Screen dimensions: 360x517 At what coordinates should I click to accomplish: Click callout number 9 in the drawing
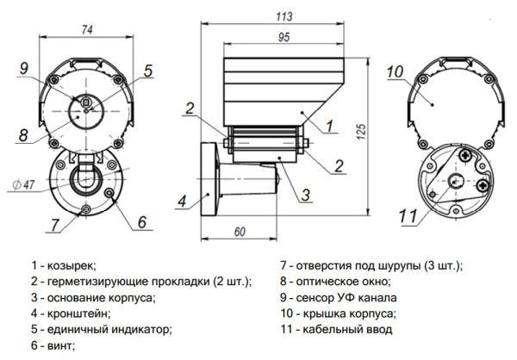pos(24,68)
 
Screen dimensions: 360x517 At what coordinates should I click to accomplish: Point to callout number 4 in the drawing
pos(182,202)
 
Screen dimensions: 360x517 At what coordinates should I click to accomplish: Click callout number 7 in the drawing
pos(55,225)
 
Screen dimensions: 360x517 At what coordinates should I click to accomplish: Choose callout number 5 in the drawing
pos(147,71)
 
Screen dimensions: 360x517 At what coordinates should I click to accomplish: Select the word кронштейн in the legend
pos(79,313)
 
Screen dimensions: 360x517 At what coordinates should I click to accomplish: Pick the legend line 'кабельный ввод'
pos(348,329)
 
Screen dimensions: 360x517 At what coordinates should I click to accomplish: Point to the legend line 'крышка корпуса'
pos(349,313)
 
